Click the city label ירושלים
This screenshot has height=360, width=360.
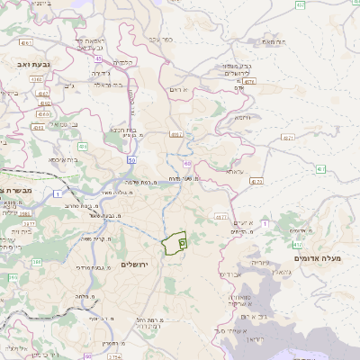pyautogui.click(x=137, y=265)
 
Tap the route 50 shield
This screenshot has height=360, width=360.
pyautogui.click(x=131, y=159)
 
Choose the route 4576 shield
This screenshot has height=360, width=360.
pyautogui.click(x=249, y=80)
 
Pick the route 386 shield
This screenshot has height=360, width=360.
pyautogui.click(x=36, y=262)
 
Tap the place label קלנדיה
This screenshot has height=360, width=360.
pyautogui.click(x=123, y=61)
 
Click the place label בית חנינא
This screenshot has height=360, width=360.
pyautogui.click(x=122, y=129)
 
